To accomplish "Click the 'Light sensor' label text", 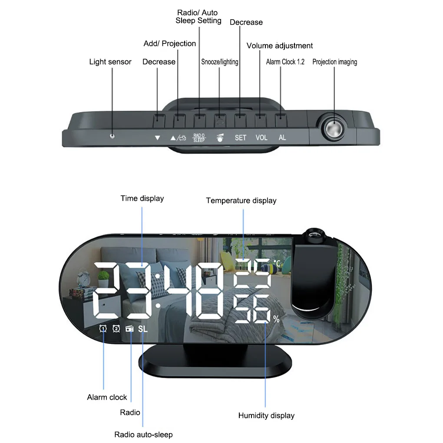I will pyautogui.click(x=110, y=62).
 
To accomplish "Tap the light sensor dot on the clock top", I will pyautogui.click(x=112, y=136).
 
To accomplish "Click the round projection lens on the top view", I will pyautogui.click(x=332, y=129).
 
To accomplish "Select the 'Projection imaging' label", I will pyautogui.click(x=334, y=62).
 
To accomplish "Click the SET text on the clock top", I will pyautogui.click(x=240, y=138).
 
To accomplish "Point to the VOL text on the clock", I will pyautogui.click(x=261, y=138).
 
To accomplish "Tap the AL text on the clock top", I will pyautogui.click(x=282, y=138).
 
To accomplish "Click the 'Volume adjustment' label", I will pyautogui.click(x=279, y=46).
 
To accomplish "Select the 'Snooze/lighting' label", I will pyautogui.click(x=220, y=62).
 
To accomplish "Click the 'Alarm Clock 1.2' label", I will pyautogui.click(x=285, y=62).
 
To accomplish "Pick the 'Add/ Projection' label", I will pyautogui.click(x=170, y=43).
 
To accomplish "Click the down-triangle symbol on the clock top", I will pyautogui.click(x=157, y=138).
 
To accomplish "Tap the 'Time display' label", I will pyautogui.click(x=142, y=198).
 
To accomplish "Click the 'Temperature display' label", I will pyautogui.click(x=241, y=201).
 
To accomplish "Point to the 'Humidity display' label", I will pyautogui.click(x=266, y=416).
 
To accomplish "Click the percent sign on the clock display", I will pyautogui.click(x=276, y=319).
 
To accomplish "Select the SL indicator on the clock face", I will pyautogui.click(x=143, y=329).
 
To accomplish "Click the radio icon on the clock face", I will pyautogui.click(x=130, y=329).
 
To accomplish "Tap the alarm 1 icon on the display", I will pyautogui.click(x=103, y=329).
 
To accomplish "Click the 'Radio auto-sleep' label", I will pyautogui.click(x=143, y=434).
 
